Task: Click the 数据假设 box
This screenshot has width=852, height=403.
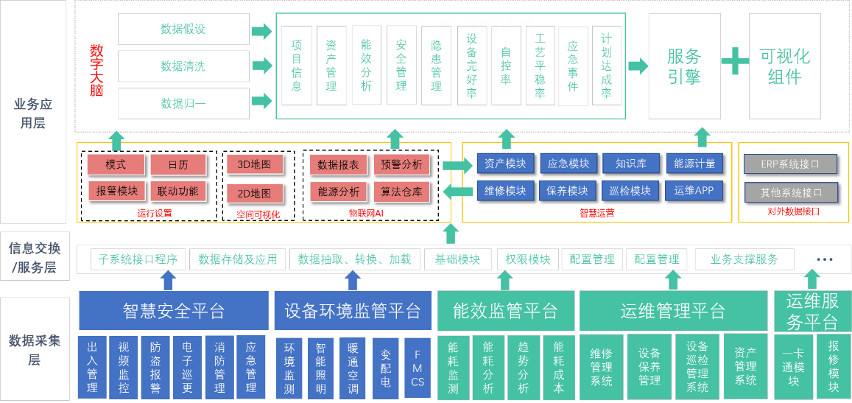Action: pos(183,29)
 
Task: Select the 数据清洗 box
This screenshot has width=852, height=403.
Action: pos(183,66)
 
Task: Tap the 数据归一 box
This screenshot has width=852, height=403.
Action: pos(183,103)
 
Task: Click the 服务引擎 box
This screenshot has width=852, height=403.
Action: pos(684,66)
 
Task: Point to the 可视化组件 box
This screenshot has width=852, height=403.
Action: pos(784,66)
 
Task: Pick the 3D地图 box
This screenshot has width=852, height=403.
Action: pos(254,164)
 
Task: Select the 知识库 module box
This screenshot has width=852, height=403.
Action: pos(630,164)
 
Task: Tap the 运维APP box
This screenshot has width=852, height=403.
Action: pos(694,191)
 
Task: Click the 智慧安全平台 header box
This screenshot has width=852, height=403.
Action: pos(173,311)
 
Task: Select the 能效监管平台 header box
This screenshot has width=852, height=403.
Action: pos(505,311)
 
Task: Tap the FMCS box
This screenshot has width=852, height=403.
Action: pos(418,368)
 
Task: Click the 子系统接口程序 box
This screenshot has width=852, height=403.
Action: pos(138,259)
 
